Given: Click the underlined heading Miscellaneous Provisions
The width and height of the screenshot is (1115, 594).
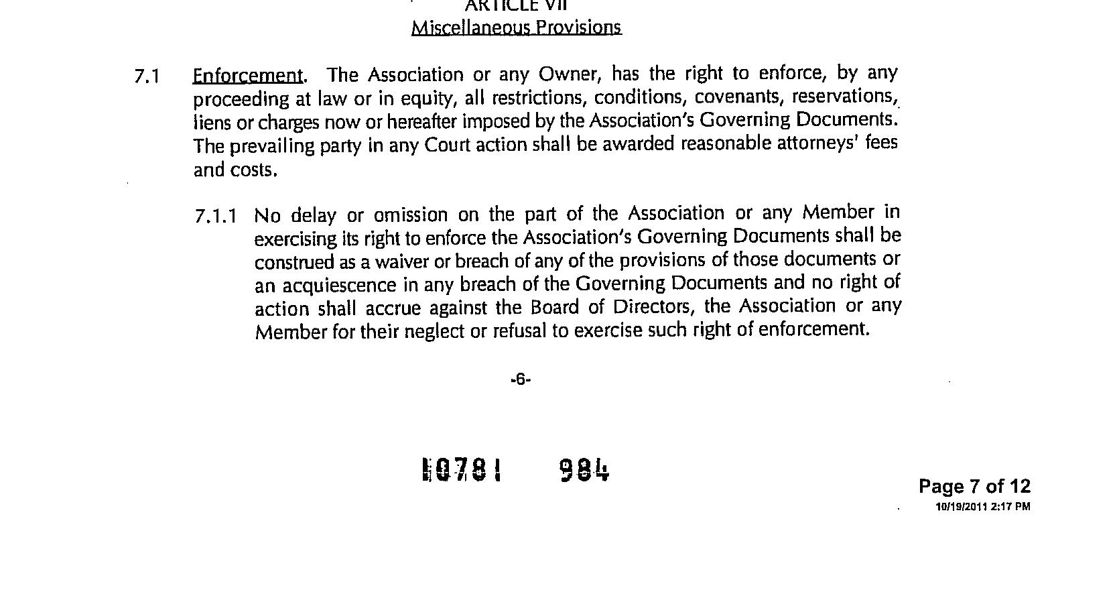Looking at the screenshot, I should pos(516,27).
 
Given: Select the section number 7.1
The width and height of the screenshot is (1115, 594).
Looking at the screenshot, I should pos(147,76).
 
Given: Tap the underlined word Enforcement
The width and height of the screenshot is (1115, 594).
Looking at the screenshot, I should pos(247,75).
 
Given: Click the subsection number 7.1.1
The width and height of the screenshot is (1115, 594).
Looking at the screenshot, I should pos(216,217).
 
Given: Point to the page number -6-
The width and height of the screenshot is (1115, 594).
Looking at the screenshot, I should pos(520,379).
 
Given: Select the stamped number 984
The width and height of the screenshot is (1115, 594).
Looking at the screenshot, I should pos(584,470).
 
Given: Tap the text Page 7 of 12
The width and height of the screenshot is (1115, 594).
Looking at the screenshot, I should pos(974,486).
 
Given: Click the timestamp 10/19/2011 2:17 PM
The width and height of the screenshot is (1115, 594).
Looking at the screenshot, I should pos(982,507).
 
